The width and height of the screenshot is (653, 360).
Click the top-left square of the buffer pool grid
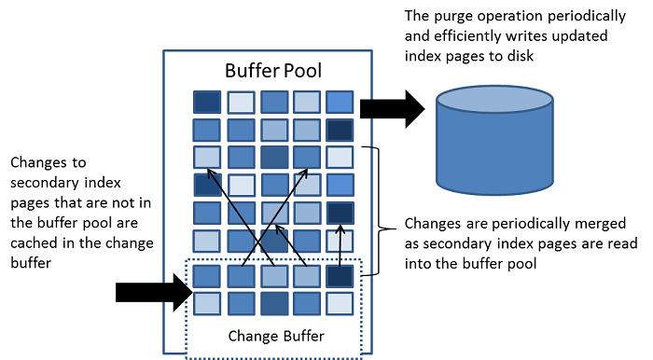[207, 101]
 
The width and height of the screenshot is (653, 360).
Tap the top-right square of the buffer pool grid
[340, 101]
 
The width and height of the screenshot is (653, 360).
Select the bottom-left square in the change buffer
[207, 303]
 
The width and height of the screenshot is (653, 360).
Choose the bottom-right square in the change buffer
[340, 303]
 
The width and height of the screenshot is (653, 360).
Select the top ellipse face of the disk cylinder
[493, 99]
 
